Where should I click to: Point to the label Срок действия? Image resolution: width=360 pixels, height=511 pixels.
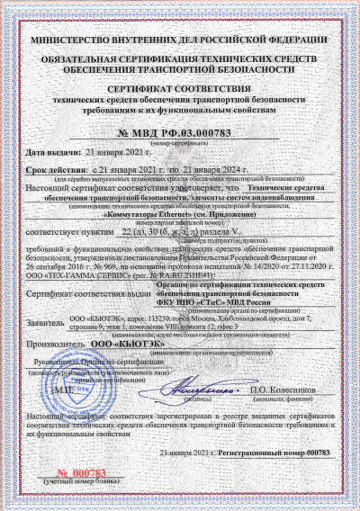57,169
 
